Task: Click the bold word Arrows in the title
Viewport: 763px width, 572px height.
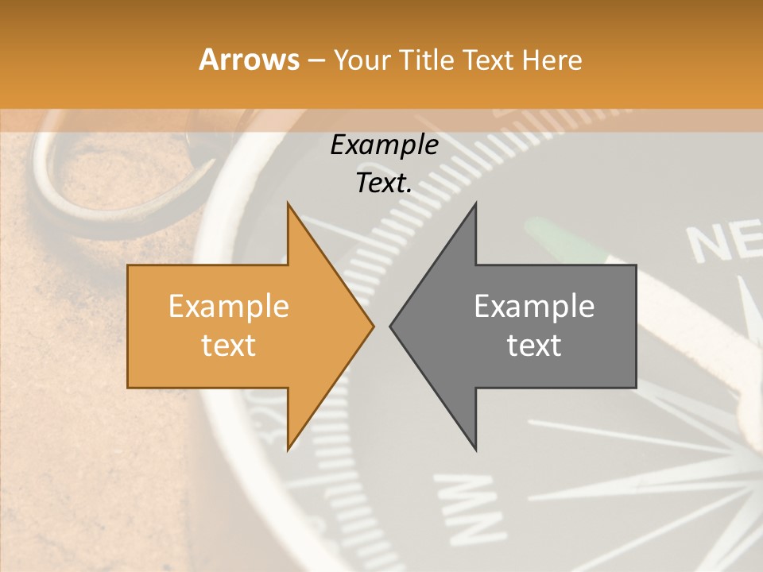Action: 249,60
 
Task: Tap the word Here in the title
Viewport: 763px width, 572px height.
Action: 552,60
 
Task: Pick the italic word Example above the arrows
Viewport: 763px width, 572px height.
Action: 384,145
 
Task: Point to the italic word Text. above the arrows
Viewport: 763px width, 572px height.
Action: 384,184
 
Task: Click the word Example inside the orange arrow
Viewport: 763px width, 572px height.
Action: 228,307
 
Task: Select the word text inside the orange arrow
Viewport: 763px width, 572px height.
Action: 228,346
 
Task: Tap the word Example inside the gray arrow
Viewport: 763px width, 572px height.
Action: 534,307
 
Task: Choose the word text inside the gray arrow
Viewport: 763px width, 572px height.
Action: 534,346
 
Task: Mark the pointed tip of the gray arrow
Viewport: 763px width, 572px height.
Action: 392,327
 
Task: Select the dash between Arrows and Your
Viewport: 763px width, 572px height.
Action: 315,60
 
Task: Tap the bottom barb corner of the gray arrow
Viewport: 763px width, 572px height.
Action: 475,449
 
